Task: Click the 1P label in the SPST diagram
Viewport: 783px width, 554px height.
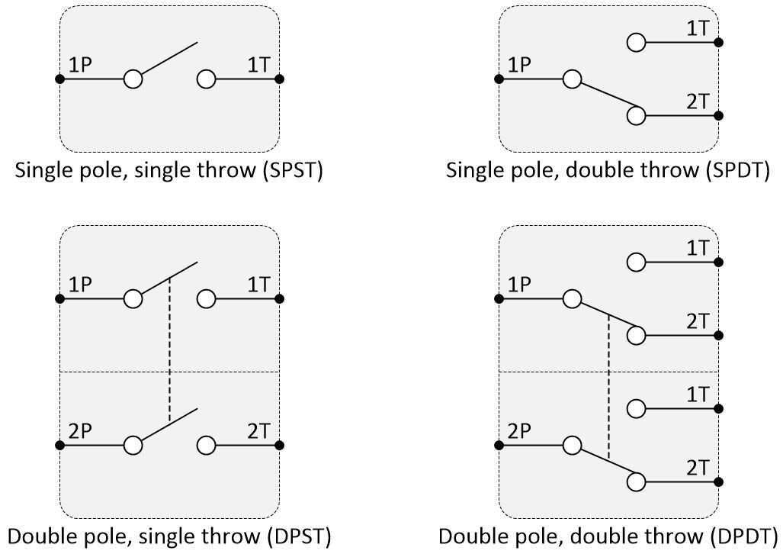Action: point(80,66)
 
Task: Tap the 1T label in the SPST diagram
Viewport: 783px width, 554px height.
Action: point(258,66)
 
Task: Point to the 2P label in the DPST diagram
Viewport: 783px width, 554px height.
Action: point(80,432)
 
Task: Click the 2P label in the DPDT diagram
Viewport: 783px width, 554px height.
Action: point(519,432)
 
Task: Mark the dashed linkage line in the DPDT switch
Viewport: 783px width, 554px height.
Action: point(608,385)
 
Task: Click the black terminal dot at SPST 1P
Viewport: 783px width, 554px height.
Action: point(59,79)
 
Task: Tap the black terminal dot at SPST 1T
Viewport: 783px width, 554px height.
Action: point(280,79)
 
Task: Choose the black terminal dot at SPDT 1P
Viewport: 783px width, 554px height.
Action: point(499,79)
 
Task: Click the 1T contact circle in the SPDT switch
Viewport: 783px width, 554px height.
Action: point(636,42)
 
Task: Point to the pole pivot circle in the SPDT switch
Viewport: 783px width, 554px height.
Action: point(572,79)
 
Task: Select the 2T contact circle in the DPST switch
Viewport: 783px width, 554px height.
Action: point(206,445)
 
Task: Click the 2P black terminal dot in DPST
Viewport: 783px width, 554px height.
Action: point(59,445)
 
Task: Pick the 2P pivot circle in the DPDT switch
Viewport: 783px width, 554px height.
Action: point(572,445)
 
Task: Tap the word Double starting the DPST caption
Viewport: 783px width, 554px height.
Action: point(38,536)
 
